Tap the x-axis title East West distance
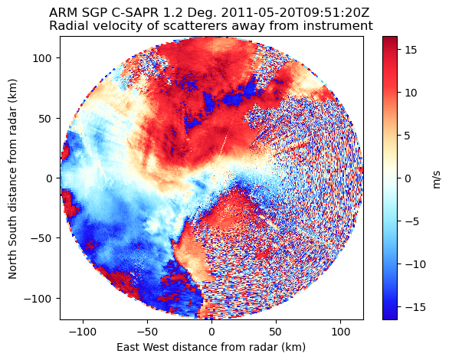[211, 347]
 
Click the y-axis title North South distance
[13, 178]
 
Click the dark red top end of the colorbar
[390, 40]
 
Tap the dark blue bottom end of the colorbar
[390, 316]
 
